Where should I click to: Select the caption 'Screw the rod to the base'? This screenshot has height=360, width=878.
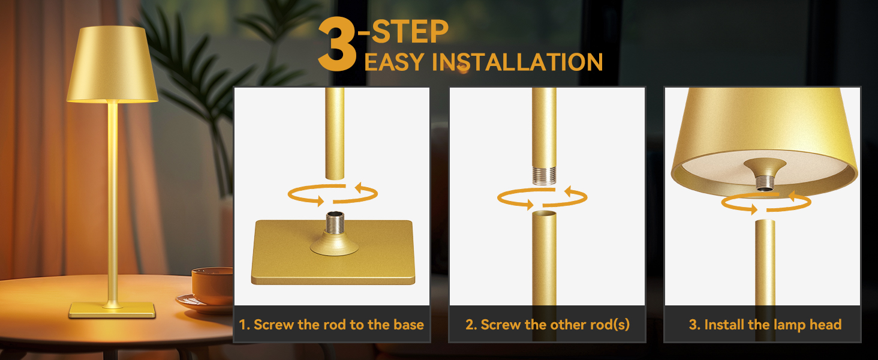[x=332, y=325]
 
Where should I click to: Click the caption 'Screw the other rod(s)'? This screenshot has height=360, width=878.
[x=548, y=325]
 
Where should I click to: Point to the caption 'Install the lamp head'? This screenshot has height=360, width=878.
[x=765, y=325]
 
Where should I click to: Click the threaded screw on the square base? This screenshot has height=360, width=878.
[x=332, y=224]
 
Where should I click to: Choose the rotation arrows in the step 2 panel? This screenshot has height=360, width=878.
[x=543, y=197]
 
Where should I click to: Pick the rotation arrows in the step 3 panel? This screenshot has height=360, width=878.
[x=765, y=203]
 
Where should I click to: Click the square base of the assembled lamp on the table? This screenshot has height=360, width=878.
[x=112, y=310]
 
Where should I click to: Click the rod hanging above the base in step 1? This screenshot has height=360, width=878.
[x=335, y=132]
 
